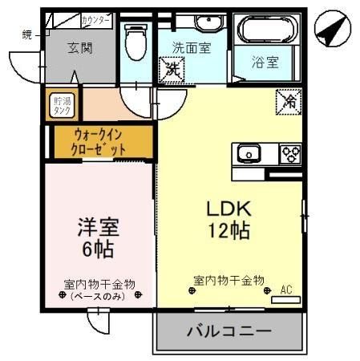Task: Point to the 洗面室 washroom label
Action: (x=192, y=48)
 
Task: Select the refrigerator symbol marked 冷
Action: (x=287, y=102)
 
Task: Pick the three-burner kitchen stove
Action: (x=289, y=152)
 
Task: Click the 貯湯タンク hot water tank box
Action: (x=61, y=106)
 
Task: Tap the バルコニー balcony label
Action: (x=229, y=331)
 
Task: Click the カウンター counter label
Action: (x=97, y=18)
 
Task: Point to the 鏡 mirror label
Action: (x=26, y=34)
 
